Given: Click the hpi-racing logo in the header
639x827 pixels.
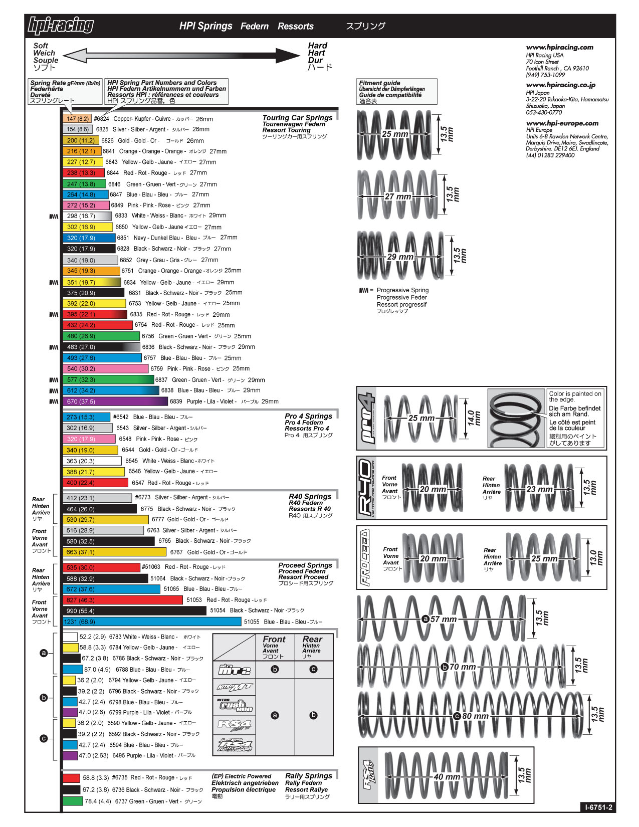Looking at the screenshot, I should tap(61, 26).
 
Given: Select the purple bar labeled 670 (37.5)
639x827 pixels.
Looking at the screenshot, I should tap(115, 401).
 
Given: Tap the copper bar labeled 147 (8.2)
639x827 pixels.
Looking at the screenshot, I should tap(77, 119).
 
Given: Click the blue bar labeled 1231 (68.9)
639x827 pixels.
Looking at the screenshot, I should tap(152, 622).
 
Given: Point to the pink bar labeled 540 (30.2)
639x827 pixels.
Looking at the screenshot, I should tap(106, 369).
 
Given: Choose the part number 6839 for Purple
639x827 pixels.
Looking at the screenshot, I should tap(176, 401).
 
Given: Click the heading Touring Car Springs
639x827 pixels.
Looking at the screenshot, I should tap(297, 118).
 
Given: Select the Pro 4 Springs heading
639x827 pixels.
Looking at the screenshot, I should tap(308, 416).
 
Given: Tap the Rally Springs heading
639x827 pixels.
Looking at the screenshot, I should tap(308, 775).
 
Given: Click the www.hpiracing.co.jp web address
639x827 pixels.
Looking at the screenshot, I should tap(560, 85).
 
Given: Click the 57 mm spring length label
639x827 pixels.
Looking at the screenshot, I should tap(443, 619).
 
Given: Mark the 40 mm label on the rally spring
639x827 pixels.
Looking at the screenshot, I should tap(447, 777).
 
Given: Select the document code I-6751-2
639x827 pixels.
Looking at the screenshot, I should tap(598, 807).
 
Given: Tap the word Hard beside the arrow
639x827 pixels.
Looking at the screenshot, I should tap(317, 46).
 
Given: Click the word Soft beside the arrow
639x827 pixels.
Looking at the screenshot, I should tap(41, 46).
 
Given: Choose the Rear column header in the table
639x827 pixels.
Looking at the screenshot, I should tap(312, 640).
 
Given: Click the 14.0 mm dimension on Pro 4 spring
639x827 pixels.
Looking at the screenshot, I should tap(474, 418).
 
